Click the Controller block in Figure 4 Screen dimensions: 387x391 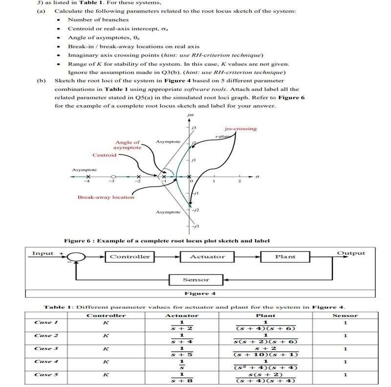[130, 257]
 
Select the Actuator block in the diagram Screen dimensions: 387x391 [207, 257]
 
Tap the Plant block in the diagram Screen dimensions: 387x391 [285, 257]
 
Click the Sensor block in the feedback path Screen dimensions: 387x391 [196, 279]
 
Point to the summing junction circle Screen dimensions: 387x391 [76, 257]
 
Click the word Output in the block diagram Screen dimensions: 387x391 [351, 253]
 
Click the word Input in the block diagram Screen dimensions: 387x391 [43, 253]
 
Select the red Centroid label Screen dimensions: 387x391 [105, 155]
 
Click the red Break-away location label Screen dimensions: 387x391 [106, 197]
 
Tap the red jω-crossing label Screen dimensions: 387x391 [240, 129]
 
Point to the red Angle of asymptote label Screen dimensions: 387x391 [128, 145]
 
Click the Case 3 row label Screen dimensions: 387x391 [46, 348]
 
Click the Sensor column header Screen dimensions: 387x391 [344, 315]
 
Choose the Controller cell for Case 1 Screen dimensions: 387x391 [106, 322]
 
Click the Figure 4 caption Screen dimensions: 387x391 [199, 293]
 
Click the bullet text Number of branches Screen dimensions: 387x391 [98, 20]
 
